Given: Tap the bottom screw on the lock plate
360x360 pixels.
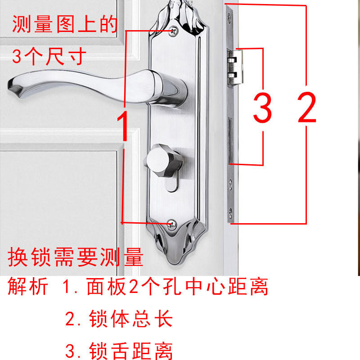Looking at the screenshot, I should tap(171, 223).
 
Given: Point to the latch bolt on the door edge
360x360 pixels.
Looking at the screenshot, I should tap(235, 67).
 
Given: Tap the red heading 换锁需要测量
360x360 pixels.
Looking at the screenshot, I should tap(76, 257).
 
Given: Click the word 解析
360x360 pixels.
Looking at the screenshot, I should tap(27, 287).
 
